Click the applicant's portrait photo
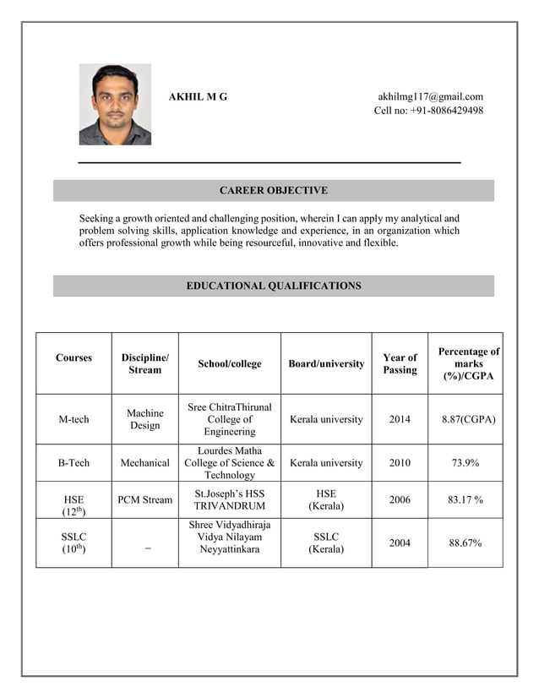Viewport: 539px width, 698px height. coord(115,104)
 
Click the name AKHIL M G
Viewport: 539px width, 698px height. coord(198,97)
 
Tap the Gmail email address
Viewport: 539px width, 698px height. coord(430,96)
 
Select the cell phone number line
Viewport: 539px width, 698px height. coord(428,111)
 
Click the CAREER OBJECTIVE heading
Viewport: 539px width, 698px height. coord(273,191)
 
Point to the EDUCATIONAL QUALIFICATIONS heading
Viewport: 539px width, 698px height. coord(273,286)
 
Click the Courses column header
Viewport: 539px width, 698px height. coord(73,358)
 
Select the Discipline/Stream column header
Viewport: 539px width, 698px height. coord(144,364)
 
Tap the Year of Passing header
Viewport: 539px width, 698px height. coord(400,363)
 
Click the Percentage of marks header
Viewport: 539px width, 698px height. coord(468,363)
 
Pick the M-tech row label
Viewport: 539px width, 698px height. coord(73,419)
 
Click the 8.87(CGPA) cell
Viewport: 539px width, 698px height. coord(468,419)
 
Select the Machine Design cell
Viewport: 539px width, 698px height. coord(144,419)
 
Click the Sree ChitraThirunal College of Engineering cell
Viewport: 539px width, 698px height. coord(229,419)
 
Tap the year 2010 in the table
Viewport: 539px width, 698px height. coord(400,463)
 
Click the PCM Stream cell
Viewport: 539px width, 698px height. coord(144,499)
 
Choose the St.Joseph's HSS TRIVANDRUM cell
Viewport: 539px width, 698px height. coord(229,499)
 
